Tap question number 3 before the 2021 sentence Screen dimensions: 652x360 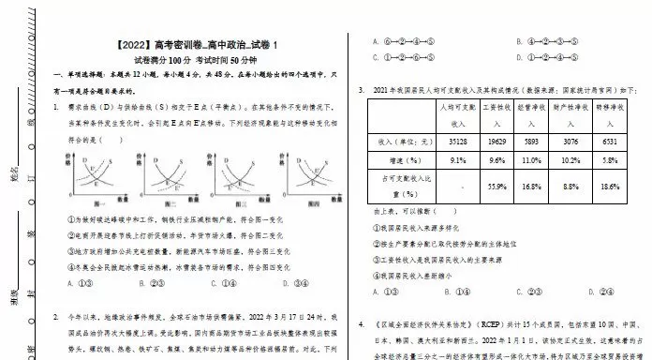pos(362,91)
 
